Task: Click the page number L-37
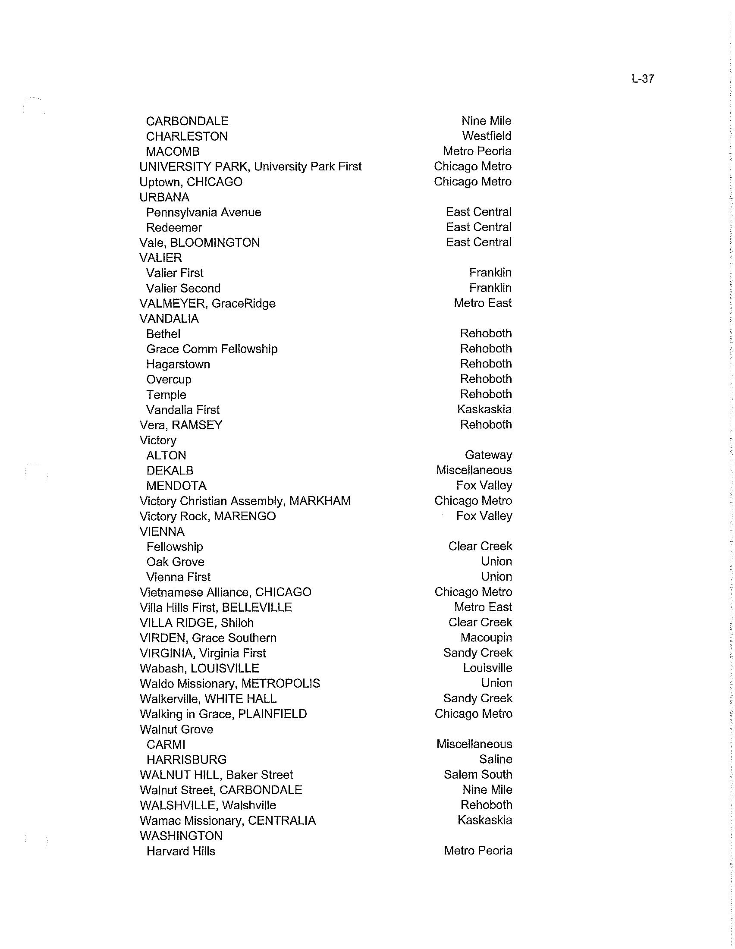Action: tap(642, 79)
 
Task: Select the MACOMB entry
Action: tap(173, 152)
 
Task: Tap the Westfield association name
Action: tap(487, 136)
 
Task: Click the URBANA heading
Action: tap(164, 197)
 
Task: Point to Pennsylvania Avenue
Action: tap(203, 213)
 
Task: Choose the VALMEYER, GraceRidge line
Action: tap(207, 303)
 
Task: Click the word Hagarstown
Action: tap(178, 364)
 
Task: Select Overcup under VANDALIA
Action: tap(169, 379)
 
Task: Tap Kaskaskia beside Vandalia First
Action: tap(484, 409)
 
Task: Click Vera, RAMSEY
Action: tap(181, 425)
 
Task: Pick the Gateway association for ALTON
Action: tap(488, 455)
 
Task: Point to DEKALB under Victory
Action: tap(170, 471)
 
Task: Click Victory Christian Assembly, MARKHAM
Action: tap(245, 501)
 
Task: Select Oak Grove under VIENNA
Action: tap(175, 562)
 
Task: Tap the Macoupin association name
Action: tap(486, 638)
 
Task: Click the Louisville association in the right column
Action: tap(487, 668)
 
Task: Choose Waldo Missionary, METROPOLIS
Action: tap(230, 684)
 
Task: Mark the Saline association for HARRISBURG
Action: tap(496, 759)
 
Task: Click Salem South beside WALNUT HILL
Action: tap(478, 774)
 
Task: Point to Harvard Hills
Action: tap(181, 851)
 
